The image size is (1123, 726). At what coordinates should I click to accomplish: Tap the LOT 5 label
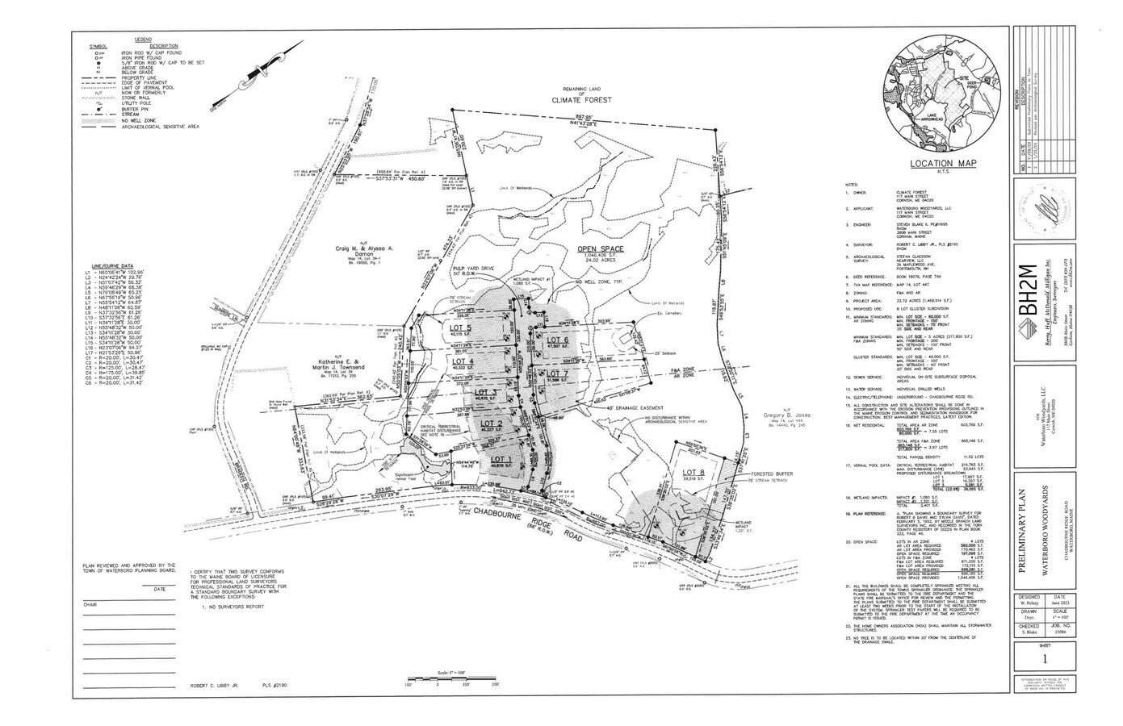[460, 329]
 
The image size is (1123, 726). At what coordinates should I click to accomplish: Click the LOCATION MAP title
[943, 163]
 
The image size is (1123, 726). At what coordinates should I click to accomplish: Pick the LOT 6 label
[558, 340]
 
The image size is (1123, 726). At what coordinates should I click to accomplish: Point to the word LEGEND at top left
[143, 39]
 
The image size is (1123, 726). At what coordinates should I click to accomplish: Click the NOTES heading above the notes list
[851, 185]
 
